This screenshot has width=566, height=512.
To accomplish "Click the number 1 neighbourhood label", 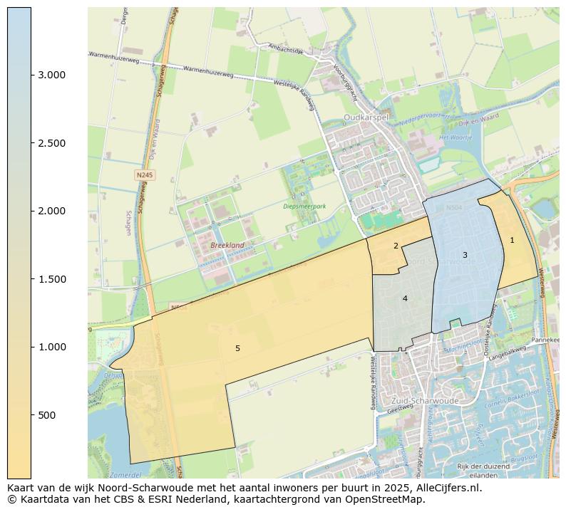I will point(512,240).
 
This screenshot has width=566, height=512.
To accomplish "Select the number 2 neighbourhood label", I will point(396,246).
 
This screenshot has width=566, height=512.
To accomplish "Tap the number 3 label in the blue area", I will point(465,255).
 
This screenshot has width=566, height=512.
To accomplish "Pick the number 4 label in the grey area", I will point(405,298).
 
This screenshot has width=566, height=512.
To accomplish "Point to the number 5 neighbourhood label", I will point(237,348).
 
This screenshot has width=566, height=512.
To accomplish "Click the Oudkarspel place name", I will point(366,117).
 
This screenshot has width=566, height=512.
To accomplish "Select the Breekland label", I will point(227,245).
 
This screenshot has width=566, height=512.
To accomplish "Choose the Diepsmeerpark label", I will point(304,207).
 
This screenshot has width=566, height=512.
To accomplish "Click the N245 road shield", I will point(145,174).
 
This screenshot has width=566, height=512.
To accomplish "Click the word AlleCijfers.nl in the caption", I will point(446,489).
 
